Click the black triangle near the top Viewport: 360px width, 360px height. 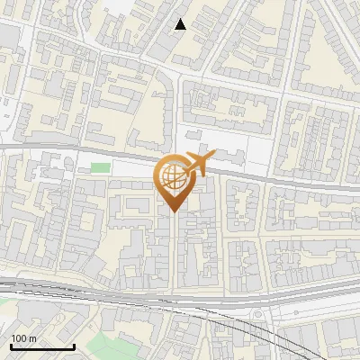click(x=181, y=24)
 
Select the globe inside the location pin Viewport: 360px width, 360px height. click(x=173, y=177)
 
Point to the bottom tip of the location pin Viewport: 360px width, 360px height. click(x=173, y=211)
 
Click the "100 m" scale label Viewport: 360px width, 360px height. click(x=23, y=337)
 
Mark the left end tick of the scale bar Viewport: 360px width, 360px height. click(x=11, y=346)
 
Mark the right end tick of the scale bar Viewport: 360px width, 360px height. click(x=74, y=346)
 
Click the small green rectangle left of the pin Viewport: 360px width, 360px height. click(x=100, y=167)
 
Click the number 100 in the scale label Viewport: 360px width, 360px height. click(x=19, y=337)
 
